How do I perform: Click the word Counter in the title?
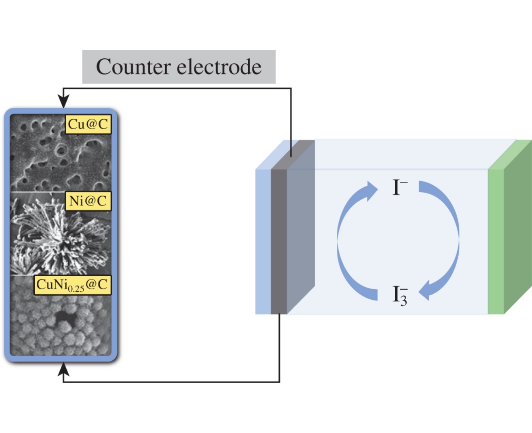point(133,67)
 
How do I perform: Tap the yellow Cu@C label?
point(88,124)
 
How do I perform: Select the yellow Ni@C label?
point(88,201)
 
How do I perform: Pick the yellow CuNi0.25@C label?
point(72,285)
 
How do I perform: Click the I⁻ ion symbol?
point(399,187)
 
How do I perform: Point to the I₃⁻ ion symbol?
point(399,295)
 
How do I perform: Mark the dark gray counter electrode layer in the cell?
point(279,239)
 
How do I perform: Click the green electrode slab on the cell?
point(496,239)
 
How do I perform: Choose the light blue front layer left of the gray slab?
point(263,239)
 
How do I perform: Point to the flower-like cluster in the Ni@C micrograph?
point(60,235)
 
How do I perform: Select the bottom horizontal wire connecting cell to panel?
point(172,382)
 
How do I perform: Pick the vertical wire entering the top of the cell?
point(291,120)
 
